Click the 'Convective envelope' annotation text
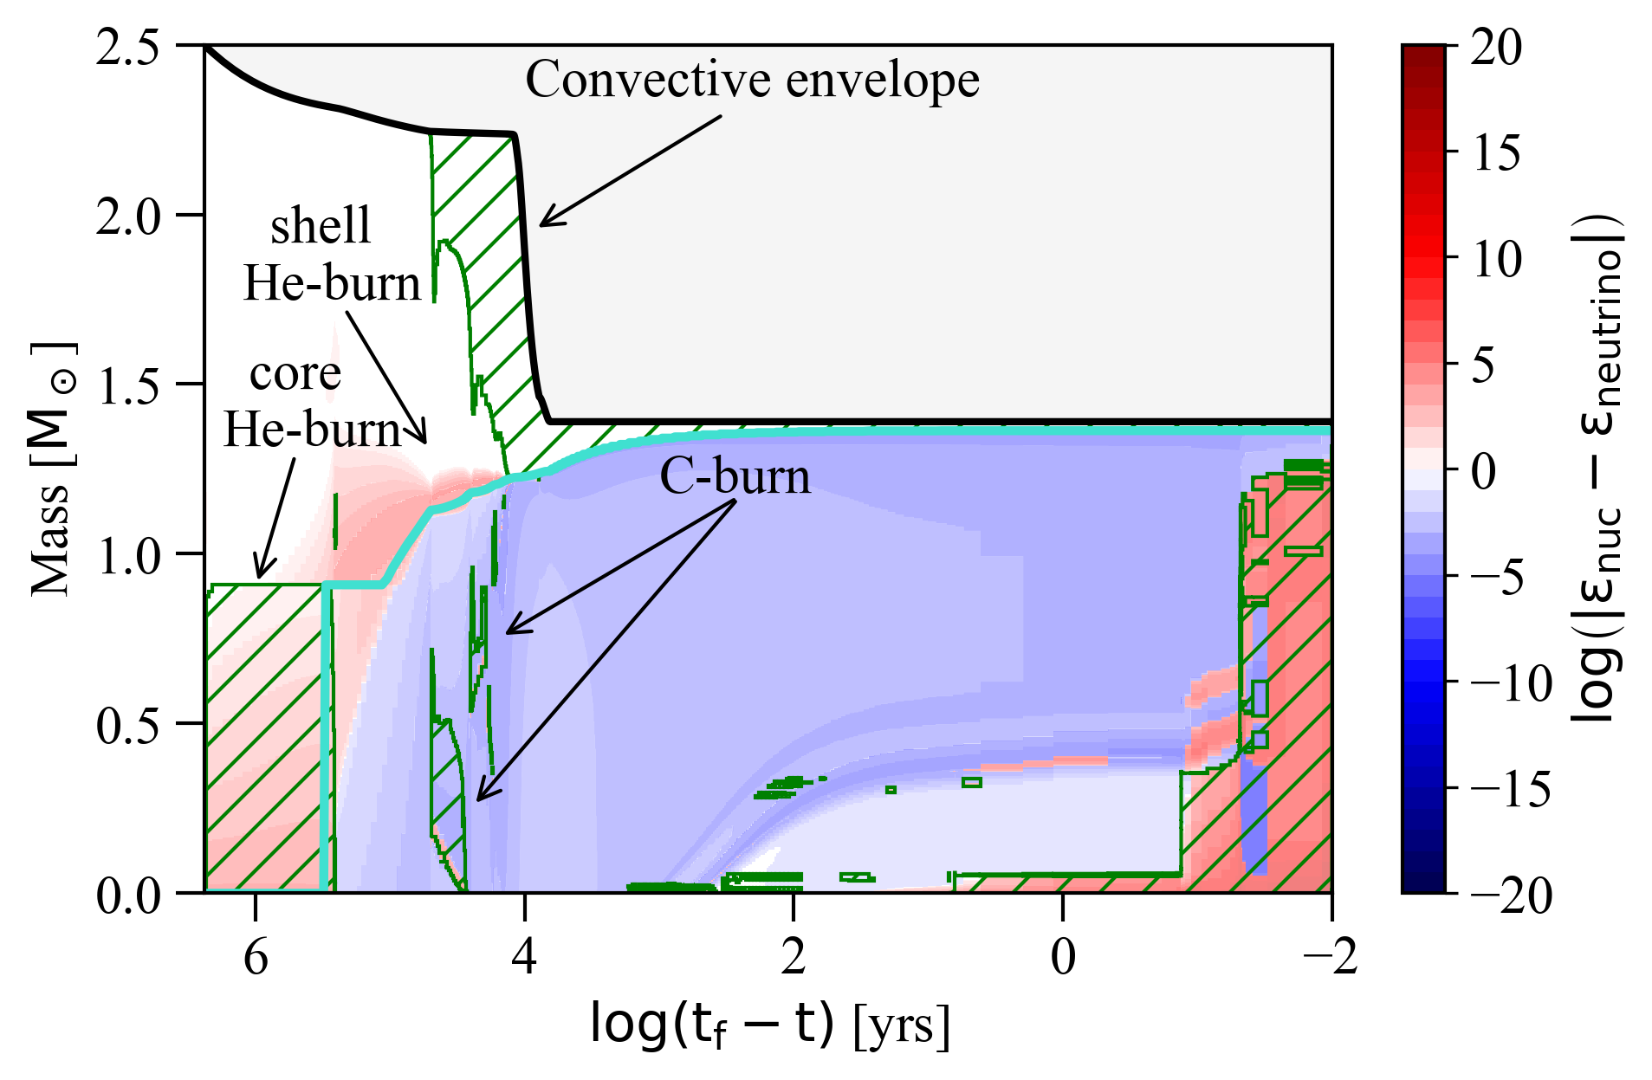(752, 81)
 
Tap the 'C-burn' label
(735, 476)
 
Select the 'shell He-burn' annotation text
(331, 255)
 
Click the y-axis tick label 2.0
(129, 216)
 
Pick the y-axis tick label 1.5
(129, 385)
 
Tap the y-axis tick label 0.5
(129, 724)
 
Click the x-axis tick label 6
(256, 957)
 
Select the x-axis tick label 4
(524, 957)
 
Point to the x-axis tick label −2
(1331, 957)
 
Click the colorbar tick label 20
(1497, 48)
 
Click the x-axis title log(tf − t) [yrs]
(769, 1024)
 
